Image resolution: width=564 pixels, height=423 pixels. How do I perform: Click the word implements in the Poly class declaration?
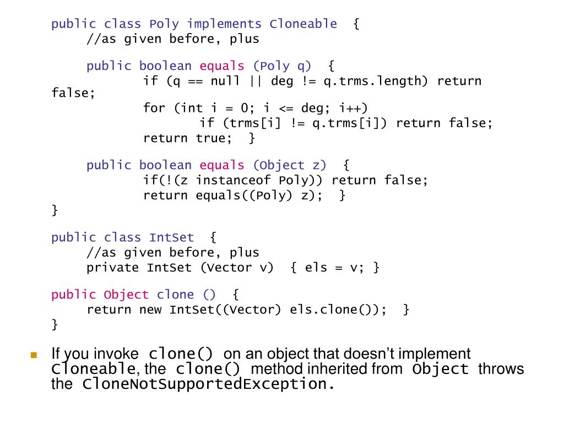(224, 24)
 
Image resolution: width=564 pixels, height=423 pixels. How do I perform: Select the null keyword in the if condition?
(225, 82)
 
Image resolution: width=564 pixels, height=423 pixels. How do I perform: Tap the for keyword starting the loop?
(154, 108)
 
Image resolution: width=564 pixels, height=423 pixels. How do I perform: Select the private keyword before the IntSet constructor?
(112, 268)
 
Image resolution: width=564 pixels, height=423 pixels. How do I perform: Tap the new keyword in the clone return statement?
(150, 310)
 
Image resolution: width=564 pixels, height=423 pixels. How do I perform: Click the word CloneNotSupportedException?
(204, 384)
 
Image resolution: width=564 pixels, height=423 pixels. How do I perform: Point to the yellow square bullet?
(34, 355)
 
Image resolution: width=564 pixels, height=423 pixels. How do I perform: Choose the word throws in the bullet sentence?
(501, 369)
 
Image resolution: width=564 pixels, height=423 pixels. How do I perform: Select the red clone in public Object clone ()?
(175, 295)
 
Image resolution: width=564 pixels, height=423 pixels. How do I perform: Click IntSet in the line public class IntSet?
(171, 238)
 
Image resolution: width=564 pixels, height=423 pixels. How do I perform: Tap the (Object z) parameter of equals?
(290, 165)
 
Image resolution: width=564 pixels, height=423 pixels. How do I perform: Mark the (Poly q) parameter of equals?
(282, 67)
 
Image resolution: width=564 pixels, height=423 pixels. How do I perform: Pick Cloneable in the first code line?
(303, 24)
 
